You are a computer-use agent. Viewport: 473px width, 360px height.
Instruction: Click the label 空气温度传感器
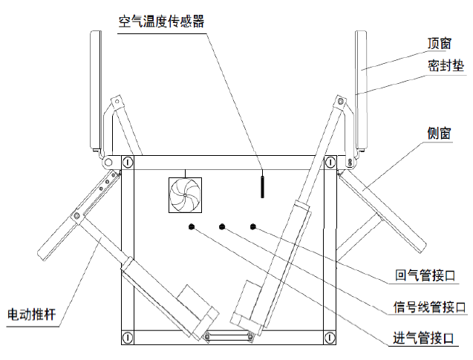[161, 21]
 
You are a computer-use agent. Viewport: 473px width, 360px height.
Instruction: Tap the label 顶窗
[440, 42]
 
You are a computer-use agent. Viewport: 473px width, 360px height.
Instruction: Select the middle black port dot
[221, 226]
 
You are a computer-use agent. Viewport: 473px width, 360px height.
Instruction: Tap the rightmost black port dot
[253, 226]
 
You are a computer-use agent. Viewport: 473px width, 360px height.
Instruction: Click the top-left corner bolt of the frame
[128, 161]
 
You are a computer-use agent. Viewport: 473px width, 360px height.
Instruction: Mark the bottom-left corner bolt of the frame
[128, 336]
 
